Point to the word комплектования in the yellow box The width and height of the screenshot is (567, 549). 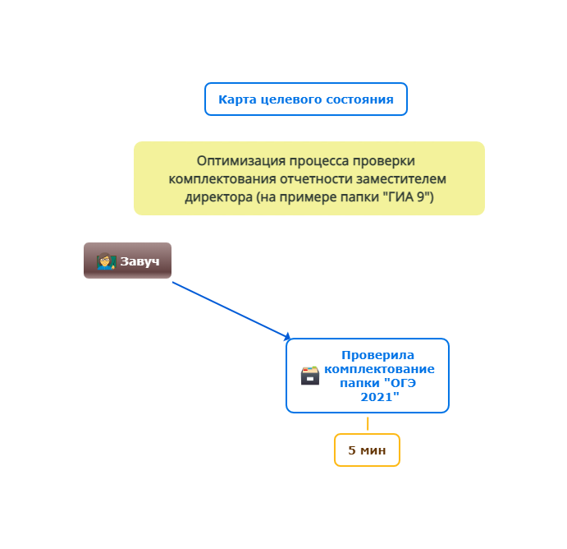tap(222, 179)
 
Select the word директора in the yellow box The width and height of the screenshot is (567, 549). tap(218, 197)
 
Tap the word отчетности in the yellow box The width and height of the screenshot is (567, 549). tap(317, 179)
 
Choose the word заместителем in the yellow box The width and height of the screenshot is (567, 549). tap(401, 179)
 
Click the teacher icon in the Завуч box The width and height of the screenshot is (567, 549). tap(106, 261)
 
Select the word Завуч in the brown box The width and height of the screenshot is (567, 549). tap(139, 261)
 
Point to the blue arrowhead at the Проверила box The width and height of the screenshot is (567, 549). tap(288, 337)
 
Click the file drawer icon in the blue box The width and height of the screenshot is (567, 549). tap(310, 376)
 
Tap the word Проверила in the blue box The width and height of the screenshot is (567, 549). tap(378, 355)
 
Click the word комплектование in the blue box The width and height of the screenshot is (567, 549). tap(379, 369)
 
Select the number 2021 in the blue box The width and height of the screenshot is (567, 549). tap(377, 397)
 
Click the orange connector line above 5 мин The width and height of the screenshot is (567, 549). tap(368, 424)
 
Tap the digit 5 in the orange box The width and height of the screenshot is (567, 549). tap(352, 450)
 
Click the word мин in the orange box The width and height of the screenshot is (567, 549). tap(373, 450)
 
